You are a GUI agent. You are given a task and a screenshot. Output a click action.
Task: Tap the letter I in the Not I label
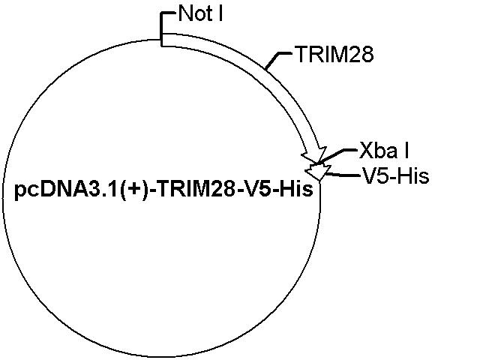tap(220, 13)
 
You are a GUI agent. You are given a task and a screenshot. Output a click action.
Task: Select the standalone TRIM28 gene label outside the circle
tap(334, 55)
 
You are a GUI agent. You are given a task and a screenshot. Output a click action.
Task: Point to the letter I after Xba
tap(406, 150)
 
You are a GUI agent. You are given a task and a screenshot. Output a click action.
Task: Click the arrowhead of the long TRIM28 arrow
tap(314, 154)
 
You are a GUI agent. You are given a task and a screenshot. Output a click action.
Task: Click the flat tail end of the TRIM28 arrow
tap(162, 40)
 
